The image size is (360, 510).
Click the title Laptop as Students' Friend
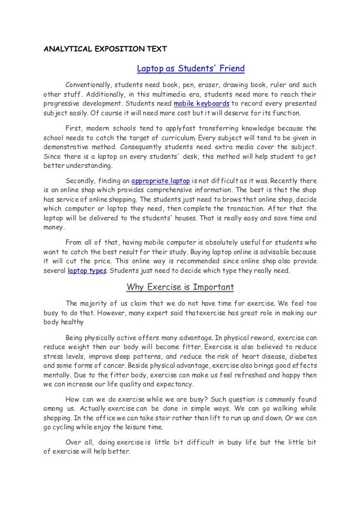[191, 69]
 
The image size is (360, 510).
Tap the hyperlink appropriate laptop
[159, 181]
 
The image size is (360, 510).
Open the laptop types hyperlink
[87, 270]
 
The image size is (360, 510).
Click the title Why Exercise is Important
[180, 286]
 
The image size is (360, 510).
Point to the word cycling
[65, 427]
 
